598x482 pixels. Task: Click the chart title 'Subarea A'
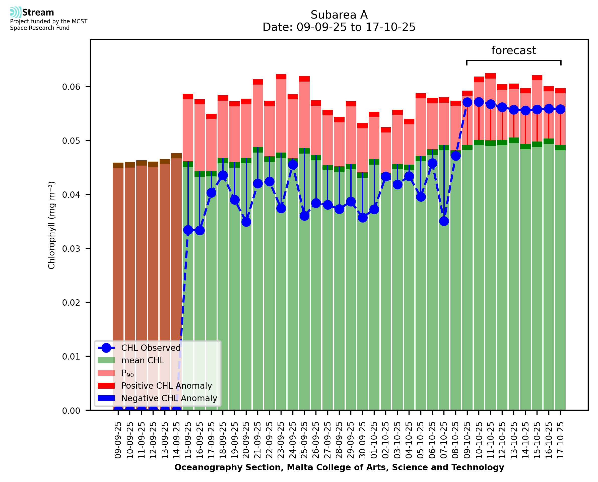339,15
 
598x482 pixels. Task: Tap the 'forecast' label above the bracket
514,50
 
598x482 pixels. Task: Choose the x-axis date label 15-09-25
188,440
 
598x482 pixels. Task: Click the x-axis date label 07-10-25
444,440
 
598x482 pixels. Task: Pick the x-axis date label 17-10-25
561,440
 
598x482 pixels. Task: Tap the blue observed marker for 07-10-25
444,221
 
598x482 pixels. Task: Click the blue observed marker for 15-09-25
188,230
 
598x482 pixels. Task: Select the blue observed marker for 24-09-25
293,165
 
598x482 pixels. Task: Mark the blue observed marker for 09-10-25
468,102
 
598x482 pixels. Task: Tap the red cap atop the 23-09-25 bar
281,77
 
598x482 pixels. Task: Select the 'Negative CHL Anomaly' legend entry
169,398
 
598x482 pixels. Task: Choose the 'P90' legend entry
127,373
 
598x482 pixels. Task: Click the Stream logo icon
16,12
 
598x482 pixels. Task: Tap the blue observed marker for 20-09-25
246,222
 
